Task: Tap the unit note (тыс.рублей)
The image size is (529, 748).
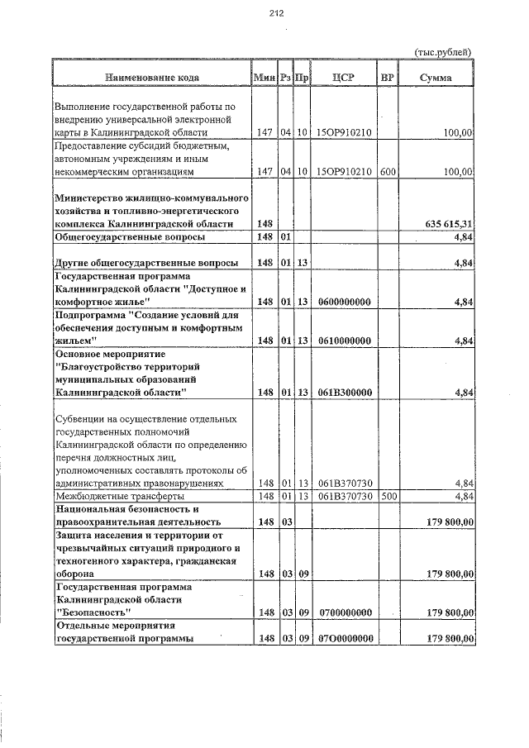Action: point(442,52)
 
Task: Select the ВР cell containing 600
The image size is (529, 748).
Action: point(387,171)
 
